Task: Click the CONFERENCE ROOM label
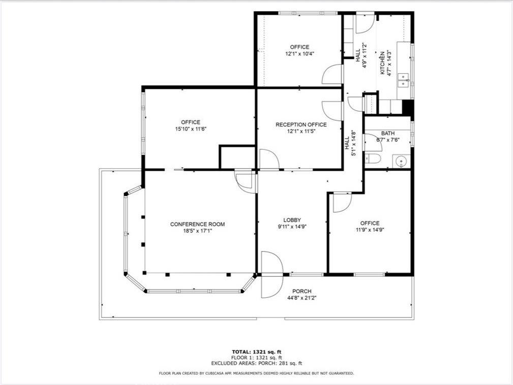tap(197, 224)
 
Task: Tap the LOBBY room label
tap(292, 220)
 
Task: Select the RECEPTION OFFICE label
tap(301, 124)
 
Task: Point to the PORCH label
tap(302, 291)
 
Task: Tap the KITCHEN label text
tap(382, 62)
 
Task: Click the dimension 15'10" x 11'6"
tap(190, 129)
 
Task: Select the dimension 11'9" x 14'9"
tap(370, 230)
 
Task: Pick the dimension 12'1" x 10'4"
tap(299, 53)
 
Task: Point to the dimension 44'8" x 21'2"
tap(302, 298)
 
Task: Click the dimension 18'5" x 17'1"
tap(197, 231)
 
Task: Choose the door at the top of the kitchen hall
tap(365, 23)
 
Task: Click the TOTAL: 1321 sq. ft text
tap(256, 351)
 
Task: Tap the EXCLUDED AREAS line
tap(256, 363)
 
